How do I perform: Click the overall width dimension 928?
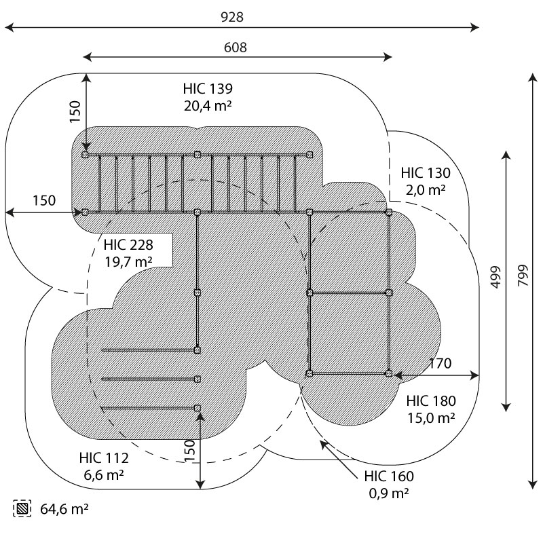(x=231, y=18)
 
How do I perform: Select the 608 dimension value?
(x=235, y=47)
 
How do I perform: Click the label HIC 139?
(x=208, y=89)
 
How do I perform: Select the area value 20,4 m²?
(x=208, y=105)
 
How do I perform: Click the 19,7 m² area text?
(x=128, y=261)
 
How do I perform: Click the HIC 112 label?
(x=103, y=459)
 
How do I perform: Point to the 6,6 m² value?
(x=103, y=475)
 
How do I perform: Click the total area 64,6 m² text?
(x=65, y=508)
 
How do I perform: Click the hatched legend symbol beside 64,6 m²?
(x=22, y=508)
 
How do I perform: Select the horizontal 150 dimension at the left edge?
(x=44, y=200)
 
